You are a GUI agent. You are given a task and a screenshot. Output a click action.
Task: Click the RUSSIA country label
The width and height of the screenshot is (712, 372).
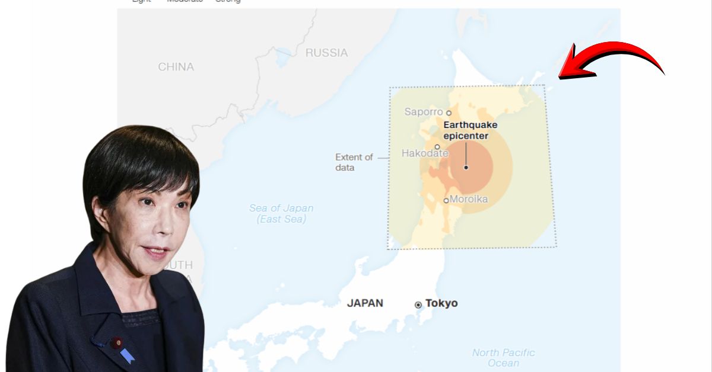tap(326, 53)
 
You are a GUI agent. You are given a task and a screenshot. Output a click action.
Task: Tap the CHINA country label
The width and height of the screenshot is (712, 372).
tap(176, 67)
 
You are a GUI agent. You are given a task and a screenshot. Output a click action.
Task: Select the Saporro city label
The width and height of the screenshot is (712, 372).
tap(423, 111)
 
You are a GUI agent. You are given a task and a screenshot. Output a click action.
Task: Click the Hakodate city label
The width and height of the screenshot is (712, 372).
tap(425, 153)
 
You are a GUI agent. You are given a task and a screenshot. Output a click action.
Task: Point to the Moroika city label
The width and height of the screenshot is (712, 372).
tap(468, 199)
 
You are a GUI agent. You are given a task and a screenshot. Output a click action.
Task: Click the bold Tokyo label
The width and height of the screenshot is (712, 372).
tap(441, 303)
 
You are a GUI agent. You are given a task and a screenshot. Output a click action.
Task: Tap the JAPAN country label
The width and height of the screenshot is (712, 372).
tap(365, 303)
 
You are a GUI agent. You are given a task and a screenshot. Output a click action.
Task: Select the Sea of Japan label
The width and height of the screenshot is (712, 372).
tap(281, 213)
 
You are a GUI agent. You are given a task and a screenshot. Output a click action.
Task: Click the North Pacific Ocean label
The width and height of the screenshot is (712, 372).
tap(503, 358)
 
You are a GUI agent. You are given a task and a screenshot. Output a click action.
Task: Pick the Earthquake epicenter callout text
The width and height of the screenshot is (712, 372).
tap(471, 130)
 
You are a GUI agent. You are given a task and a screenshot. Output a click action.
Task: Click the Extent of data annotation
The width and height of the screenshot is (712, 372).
tap(354, 162)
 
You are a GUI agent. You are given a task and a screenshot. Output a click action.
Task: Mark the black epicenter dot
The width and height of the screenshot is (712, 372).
tap(466, 168)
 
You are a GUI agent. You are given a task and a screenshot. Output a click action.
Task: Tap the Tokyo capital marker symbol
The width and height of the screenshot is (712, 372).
tap(418, 304)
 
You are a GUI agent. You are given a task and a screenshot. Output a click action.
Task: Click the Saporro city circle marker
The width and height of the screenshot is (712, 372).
tap(449, 113)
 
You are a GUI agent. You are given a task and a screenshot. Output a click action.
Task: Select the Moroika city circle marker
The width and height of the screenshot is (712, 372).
tap(446, 200)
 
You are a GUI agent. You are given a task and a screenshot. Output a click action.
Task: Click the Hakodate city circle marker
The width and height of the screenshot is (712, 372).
tap(437, 147)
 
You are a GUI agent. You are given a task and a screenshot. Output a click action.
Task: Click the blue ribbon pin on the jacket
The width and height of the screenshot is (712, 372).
tap(126, 355)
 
